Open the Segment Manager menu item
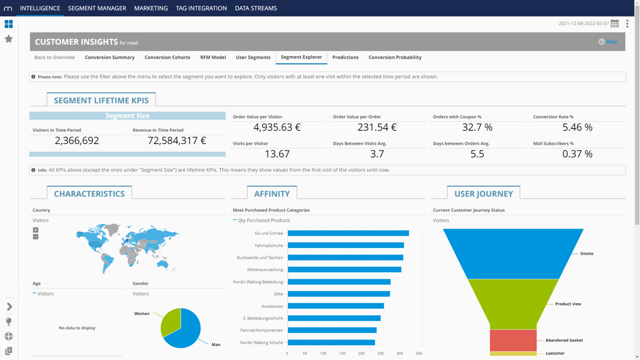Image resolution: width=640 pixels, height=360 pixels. coord(97,8)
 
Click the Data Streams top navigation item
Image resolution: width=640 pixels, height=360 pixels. coord(255,8)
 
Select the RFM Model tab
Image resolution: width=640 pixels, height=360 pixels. coord(213,57)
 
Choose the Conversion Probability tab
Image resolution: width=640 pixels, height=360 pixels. coord(394,57)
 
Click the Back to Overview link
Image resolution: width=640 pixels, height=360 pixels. coord(54,57)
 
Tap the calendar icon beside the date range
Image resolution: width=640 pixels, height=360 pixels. coord(614,23)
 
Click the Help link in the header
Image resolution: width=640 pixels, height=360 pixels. coord(611,42)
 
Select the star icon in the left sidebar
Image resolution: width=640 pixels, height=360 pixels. coord(8,39)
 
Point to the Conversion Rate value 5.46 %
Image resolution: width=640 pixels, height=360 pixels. coord(577,127)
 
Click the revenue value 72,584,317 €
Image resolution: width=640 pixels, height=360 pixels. coord(177,140)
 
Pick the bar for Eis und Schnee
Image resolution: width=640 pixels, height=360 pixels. coord(348,233)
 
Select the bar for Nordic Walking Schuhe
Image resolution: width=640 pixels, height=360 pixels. coord(331,342)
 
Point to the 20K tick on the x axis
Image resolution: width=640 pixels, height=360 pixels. coord(361,353)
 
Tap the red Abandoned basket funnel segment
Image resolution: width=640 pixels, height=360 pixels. coord(513,340)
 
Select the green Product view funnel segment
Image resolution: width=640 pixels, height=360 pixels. coord(513,303)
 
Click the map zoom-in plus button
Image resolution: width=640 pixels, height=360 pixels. coord(35,230)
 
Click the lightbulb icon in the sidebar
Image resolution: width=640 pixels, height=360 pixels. coord(8,321)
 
